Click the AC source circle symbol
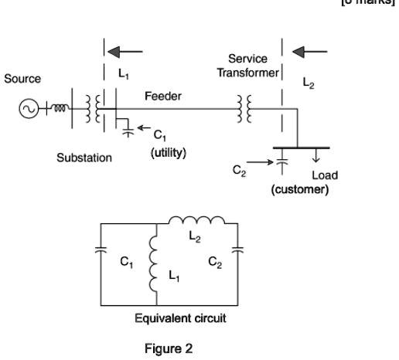coord(28,109)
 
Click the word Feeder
coord(162,96)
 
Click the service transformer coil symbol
coord(248,109)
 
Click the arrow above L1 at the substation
coord(125,53)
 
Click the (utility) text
coord(167,152)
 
